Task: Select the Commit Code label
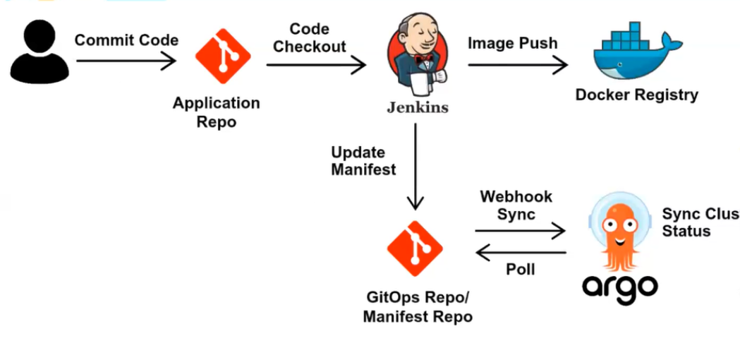126,40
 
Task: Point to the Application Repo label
216,112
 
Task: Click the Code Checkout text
310,38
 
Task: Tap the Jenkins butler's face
416,42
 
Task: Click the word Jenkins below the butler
417,108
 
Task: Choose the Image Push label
512,43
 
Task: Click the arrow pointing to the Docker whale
518,66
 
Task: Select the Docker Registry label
636,95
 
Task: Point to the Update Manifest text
363,161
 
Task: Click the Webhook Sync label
516,205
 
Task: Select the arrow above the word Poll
521,252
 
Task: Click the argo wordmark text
620,286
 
